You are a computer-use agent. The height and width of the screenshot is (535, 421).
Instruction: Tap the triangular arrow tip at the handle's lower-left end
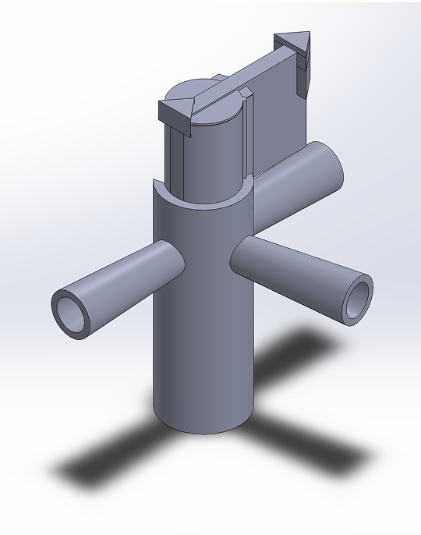pyautogui.click(x=175, y=111)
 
